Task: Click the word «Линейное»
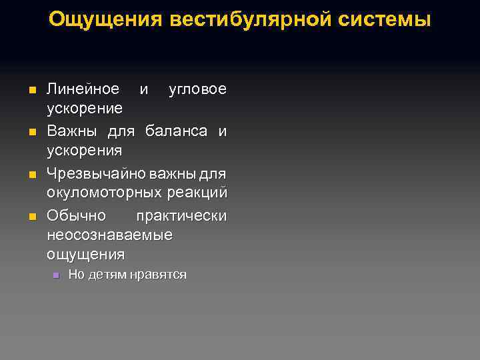click(x=83, y=89)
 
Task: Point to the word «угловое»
click(x=197, y=89)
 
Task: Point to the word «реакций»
click(x=197, y=193)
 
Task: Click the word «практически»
click(x=181, y=217)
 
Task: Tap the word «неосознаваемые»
click(x=109, y=235)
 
